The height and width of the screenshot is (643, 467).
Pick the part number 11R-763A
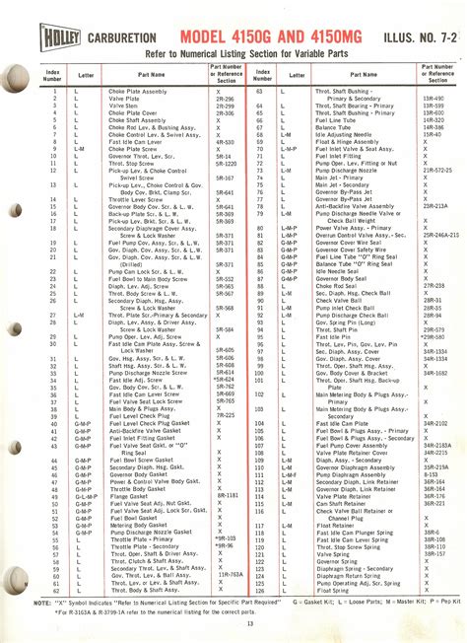click(x=230, y=573)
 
